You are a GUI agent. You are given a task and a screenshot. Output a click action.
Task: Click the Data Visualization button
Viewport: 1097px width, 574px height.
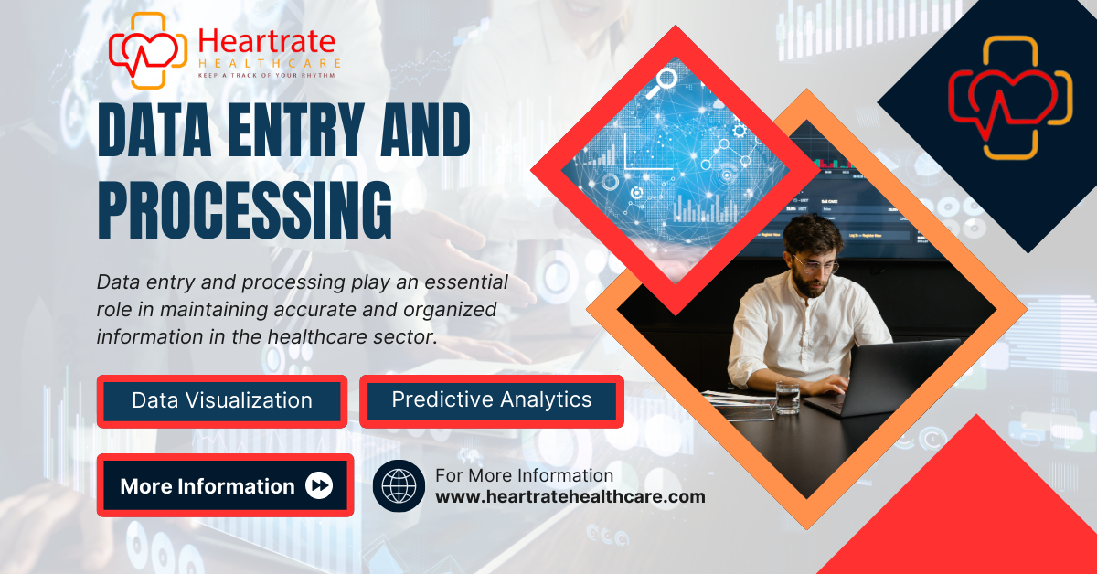tap(222, 401)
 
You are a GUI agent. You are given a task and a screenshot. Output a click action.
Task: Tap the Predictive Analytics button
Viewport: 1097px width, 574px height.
tap(492, 401)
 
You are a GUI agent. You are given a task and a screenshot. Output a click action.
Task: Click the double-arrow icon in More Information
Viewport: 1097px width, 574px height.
tap(319, 485)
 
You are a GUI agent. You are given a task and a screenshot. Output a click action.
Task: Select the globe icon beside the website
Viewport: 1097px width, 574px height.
tap(399, 485)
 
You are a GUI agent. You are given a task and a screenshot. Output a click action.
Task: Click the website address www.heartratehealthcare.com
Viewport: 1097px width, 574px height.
tap(570, 496)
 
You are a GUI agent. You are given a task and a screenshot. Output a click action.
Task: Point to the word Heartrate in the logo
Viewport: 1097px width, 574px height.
tap(267, 41)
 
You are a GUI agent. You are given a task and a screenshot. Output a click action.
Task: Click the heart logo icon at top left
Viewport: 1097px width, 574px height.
tap(148, 50)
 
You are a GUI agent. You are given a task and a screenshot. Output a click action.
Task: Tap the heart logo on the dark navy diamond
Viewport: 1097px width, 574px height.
tap(1010, 98)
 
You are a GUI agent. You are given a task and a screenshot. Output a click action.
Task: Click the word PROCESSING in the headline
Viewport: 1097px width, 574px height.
tap(245, 210)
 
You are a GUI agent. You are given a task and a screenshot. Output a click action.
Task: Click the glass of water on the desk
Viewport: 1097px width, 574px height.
tap(787, 398)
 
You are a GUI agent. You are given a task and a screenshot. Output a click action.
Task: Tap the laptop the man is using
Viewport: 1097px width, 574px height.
tap(881, 377)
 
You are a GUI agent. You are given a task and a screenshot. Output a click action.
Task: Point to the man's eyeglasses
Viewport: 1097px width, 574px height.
tap(815, 265)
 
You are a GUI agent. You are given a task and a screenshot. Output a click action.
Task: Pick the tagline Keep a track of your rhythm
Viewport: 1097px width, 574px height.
tap(266, 76)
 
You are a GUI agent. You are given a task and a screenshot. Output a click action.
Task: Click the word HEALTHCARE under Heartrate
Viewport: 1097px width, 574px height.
tap(270, 64)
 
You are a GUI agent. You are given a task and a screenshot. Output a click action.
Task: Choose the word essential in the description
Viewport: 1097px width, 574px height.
tap(466, 282)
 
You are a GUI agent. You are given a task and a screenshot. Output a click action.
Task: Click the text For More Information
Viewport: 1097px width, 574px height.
tap(524, 475)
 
